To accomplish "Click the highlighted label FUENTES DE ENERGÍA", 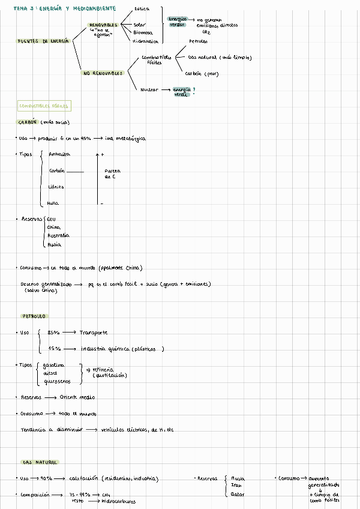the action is (x=43, y=41).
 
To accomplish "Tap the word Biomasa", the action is (x=143, y=32).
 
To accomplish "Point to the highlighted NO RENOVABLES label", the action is (x=102, y=73).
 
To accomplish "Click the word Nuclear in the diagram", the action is (x=149, y=89).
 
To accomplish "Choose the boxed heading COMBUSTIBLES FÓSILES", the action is (x=44, y=106).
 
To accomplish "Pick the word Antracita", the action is (x=59, y=154).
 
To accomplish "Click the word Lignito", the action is (x=56, y=187).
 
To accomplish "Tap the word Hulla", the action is (x=53, y=203).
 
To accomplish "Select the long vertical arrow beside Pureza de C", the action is (x=97, y=178).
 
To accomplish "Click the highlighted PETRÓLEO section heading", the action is (x=34, y=316).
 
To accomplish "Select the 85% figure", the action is (x=53, y=332).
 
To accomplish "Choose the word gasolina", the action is (x=53, y=365).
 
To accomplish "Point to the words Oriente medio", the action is (x=77, y=397).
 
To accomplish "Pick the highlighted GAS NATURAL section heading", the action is (x=40, y=462).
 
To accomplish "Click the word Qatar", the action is (x=238, y=494).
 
